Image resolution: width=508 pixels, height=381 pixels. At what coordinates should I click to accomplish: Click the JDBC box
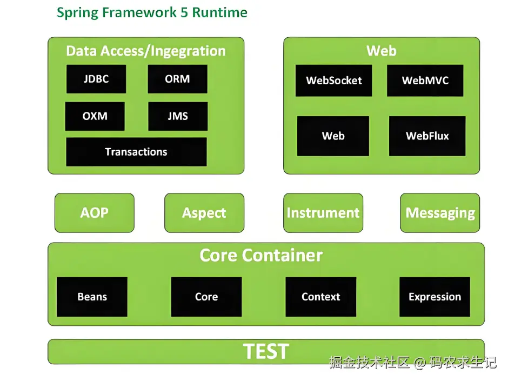[x=96, y=79]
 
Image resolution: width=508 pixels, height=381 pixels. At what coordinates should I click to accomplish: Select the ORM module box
[x=177, y=79]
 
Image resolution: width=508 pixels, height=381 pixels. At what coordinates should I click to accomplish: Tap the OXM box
[x=95, y=116]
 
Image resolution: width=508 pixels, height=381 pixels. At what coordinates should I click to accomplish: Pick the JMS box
[x=177, y=116]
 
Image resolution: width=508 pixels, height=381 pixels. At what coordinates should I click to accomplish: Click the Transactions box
[x=136, y=152]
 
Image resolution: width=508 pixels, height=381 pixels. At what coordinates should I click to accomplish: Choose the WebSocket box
[x=333, y=81]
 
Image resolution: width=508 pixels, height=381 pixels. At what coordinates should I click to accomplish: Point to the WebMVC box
[x=425, y=81]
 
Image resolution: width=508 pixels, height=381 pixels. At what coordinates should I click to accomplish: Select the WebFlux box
[x=427, y=136]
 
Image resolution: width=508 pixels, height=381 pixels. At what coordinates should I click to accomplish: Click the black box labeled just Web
[x=333, y=136]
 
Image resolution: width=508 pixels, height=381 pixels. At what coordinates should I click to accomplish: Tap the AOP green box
[x=95, y=213]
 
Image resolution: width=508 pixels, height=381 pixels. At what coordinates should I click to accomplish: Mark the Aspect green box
[x=204, y=213]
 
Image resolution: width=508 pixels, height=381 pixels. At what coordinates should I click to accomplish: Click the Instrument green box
[x=323, y=213]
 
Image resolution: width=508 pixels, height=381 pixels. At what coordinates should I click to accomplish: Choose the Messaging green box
[x=440, y=213]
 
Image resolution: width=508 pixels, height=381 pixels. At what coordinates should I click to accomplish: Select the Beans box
[x=92, y=297]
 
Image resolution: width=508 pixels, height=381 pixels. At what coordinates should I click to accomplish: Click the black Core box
[x=206, y=297]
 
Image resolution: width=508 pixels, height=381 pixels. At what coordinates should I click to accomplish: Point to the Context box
[x=320, y=297]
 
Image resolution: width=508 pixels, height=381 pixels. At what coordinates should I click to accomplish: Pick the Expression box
[x=435, y=297]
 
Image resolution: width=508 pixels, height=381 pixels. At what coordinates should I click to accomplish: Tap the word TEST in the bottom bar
[x=266, y=352]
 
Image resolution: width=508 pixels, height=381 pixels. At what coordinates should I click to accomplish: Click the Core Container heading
[x=261, y=255]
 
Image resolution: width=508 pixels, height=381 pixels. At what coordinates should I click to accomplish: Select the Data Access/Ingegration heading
[x=146, y=51]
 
